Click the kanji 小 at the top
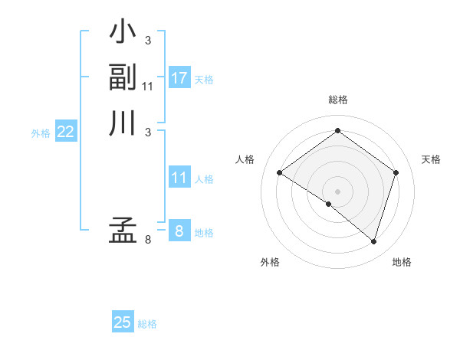point(123,34)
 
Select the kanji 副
point(123,77)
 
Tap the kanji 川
point(123,123)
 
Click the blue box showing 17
point(179,78)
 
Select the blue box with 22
point(65,132)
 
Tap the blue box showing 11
point(179,178)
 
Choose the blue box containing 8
point(179,231)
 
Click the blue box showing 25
point(123,322)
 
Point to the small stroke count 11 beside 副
point(148,87)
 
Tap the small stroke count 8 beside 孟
point(147,240)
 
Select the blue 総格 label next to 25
point(147,324)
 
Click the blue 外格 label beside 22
point(41,133)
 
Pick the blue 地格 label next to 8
point(204,233)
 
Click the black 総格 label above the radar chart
point(337,100)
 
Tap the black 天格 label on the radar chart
point(431,159)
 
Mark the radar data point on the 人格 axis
point(280,173)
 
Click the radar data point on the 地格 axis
point(373,241)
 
